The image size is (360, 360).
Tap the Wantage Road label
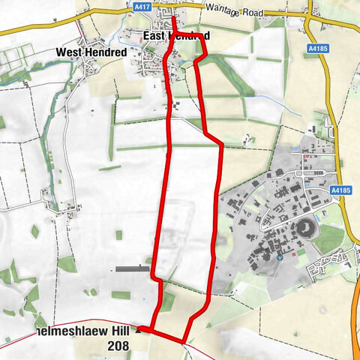click(x=226, y=12)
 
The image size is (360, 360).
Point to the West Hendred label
click(x=92, y=52)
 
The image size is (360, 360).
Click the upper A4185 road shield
click(x=318, y=46)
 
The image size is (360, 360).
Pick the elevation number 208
click(x=118, y=346)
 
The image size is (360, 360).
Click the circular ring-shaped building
click(x=305, y=227)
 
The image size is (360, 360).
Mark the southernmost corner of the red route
click(x=184, y=342)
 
